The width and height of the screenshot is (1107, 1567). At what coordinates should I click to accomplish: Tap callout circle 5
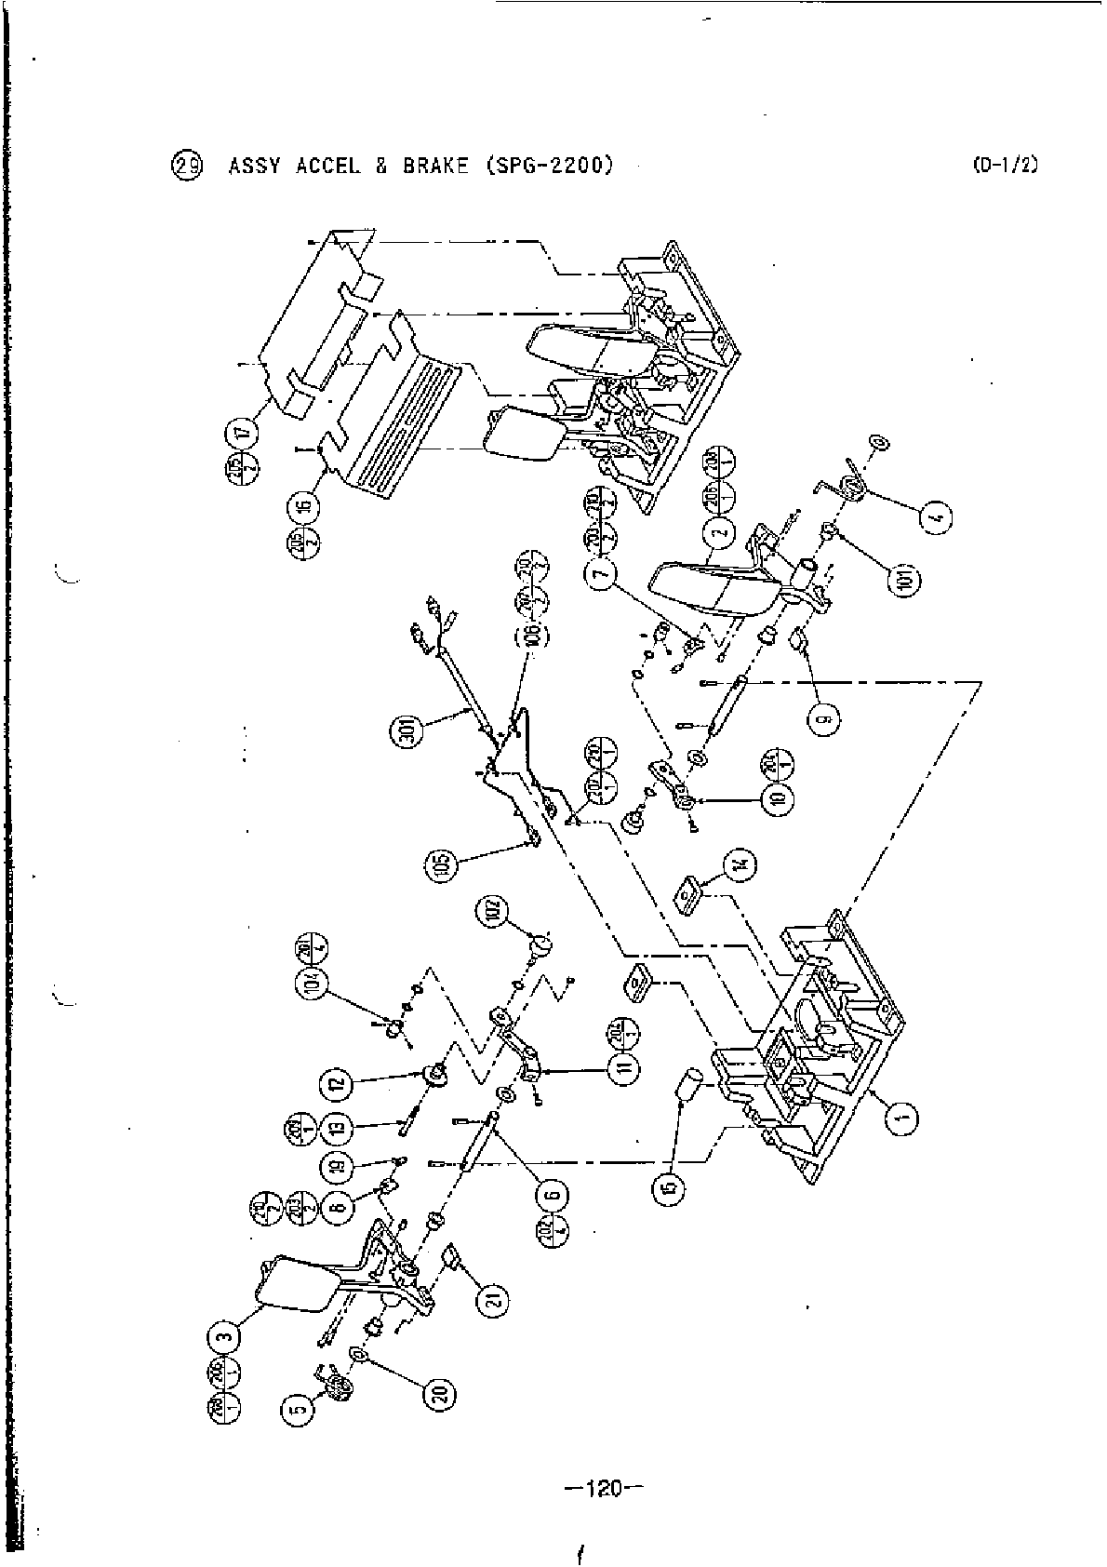[296, 1412]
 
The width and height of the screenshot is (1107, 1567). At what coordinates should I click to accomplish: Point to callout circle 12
[335, 1082]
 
